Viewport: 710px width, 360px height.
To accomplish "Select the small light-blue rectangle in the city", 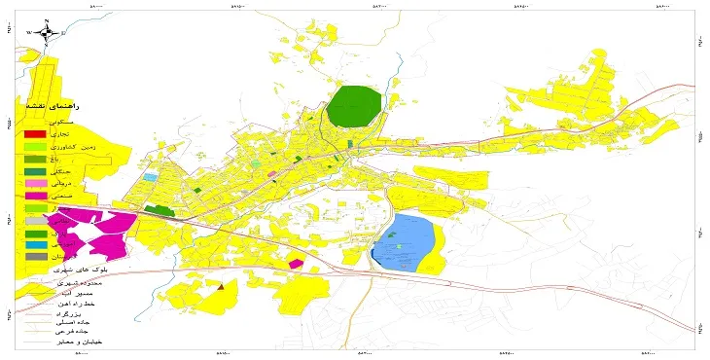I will pyautogui.click(x=150, y=177).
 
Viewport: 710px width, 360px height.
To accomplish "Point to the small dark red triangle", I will pyautogui.click(x=222, y=287).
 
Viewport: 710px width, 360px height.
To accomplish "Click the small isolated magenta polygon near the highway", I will pyautogui.click(x=296, y=262).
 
